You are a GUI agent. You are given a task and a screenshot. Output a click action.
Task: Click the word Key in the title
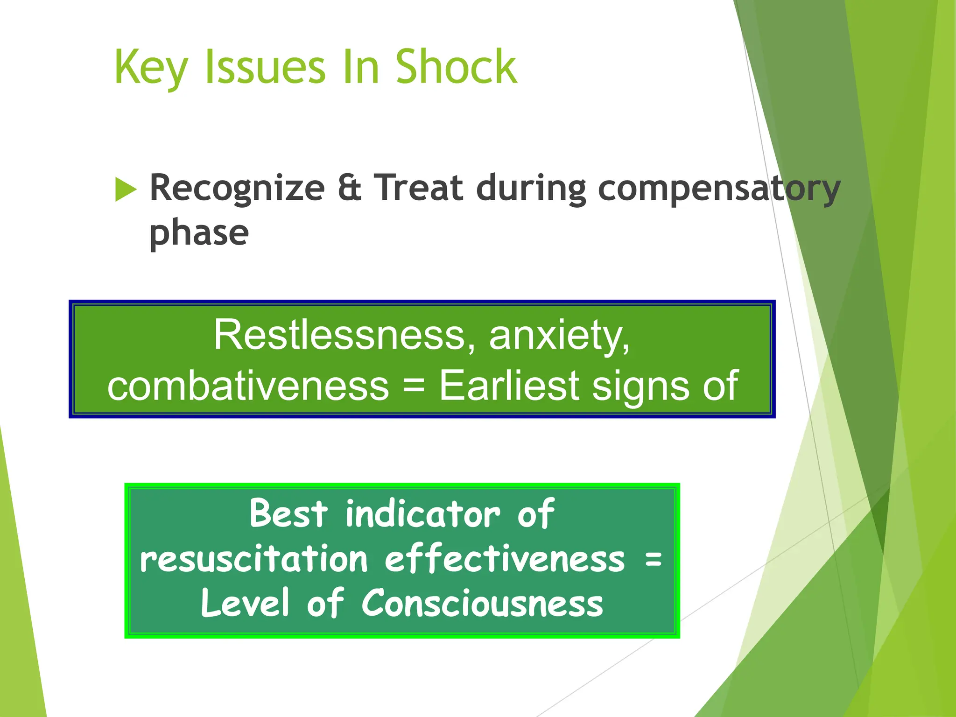coord(150,68)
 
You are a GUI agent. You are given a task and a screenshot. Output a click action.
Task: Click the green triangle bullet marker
coord(125,189)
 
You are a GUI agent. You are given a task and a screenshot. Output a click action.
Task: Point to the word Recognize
coord(237,189)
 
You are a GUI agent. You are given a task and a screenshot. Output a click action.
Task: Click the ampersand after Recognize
coord(349,188)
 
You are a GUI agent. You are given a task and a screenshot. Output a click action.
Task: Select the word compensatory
coord(719,189)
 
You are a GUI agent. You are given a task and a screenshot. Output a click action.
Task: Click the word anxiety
coord(559,336)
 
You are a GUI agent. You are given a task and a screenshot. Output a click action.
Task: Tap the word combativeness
coord(248,386)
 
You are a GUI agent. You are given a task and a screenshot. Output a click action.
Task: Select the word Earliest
coord(509,386)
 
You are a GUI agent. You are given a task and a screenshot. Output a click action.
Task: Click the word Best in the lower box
coord(288,513)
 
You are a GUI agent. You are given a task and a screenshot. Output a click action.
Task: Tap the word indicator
coord(423,513)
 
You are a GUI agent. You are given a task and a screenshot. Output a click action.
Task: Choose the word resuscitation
coord(254,559)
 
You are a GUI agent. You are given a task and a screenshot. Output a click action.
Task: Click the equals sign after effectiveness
coord(653,559)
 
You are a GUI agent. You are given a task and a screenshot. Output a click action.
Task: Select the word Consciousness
coord(482,603)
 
